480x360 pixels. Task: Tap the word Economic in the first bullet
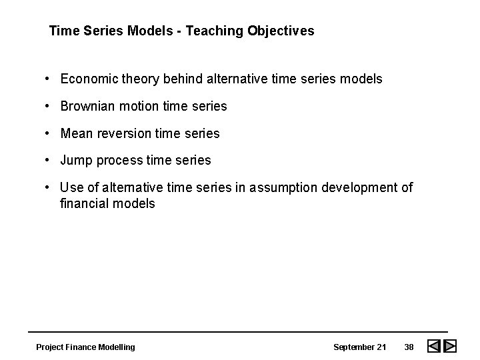(x=87, y=79)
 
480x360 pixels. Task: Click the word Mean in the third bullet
(x=76, y=133)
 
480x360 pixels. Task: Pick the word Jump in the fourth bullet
(x=76, y=161)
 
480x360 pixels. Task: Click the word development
(x=359, y=188)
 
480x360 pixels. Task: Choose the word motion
(x=137, y=106)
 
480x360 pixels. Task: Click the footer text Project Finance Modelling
(x=85, y=347)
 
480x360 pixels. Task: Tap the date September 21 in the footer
(x=359, y=347)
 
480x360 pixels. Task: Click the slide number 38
(x=409, y=347)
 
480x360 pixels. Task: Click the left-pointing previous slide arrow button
(x=433, y=347)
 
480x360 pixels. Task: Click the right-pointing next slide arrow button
(x=450, y=347)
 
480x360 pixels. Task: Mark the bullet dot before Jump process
(x=49, y=161)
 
